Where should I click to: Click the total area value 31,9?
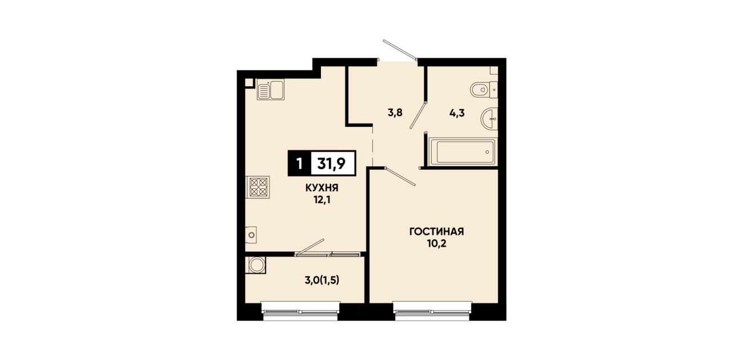pos(331,163)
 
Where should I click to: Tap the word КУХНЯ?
pos(322,188)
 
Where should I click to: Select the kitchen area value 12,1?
pos(322,200)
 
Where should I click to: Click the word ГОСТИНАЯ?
pos(436,231)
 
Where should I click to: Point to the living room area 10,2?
pos(436,244)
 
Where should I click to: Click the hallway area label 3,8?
pos(395,113)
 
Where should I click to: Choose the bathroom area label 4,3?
pos(457,113)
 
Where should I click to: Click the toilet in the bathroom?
pos(484,90)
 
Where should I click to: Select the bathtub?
pos(463,152)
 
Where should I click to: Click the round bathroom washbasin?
pos(489,118)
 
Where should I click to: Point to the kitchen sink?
pos(271,90)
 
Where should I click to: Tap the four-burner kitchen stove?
pos(258,187)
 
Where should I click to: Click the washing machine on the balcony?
pos(256,266)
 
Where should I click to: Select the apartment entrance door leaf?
pos(400,50)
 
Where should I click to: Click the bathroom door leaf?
pos(417,115)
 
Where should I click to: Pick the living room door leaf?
pos(400,176)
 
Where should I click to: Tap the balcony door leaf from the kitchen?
pos(310,247)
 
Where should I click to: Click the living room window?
pos(432,312)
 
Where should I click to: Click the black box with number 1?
pos(299,163)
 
